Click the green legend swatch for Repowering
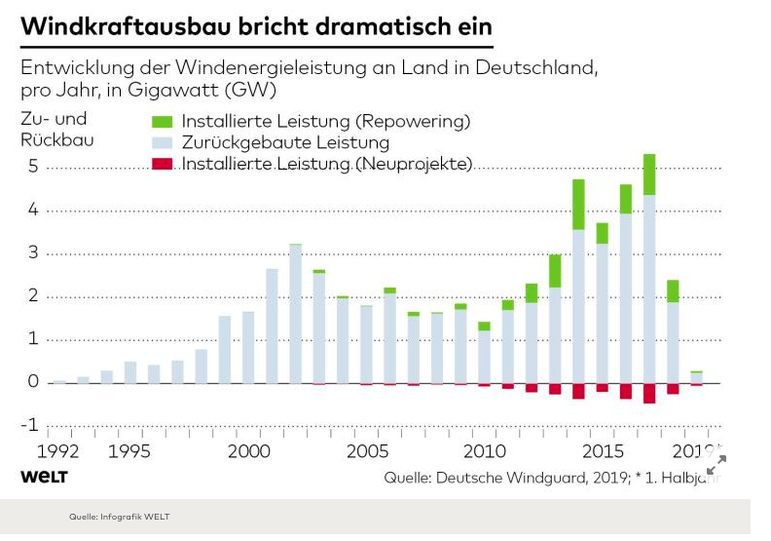[163, 122]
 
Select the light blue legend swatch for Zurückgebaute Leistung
[163, 143]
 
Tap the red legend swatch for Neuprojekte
[163, 164]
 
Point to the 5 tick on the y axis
[32, 167]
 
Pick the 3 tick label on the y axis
[32, 253]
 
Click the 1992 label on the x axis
[58, 451]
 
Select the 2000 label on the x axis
[248, 451]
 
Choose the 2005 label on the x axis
[366, 451]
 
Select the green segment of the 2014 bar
[578, 205]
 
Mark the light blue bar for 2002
[295, 312]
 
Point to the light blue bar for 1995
[129, 371]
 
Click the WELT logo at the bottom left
[44, 477]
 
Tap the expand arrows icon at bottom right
[716, 464]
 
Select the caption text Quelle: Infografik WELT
[119, 517]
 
